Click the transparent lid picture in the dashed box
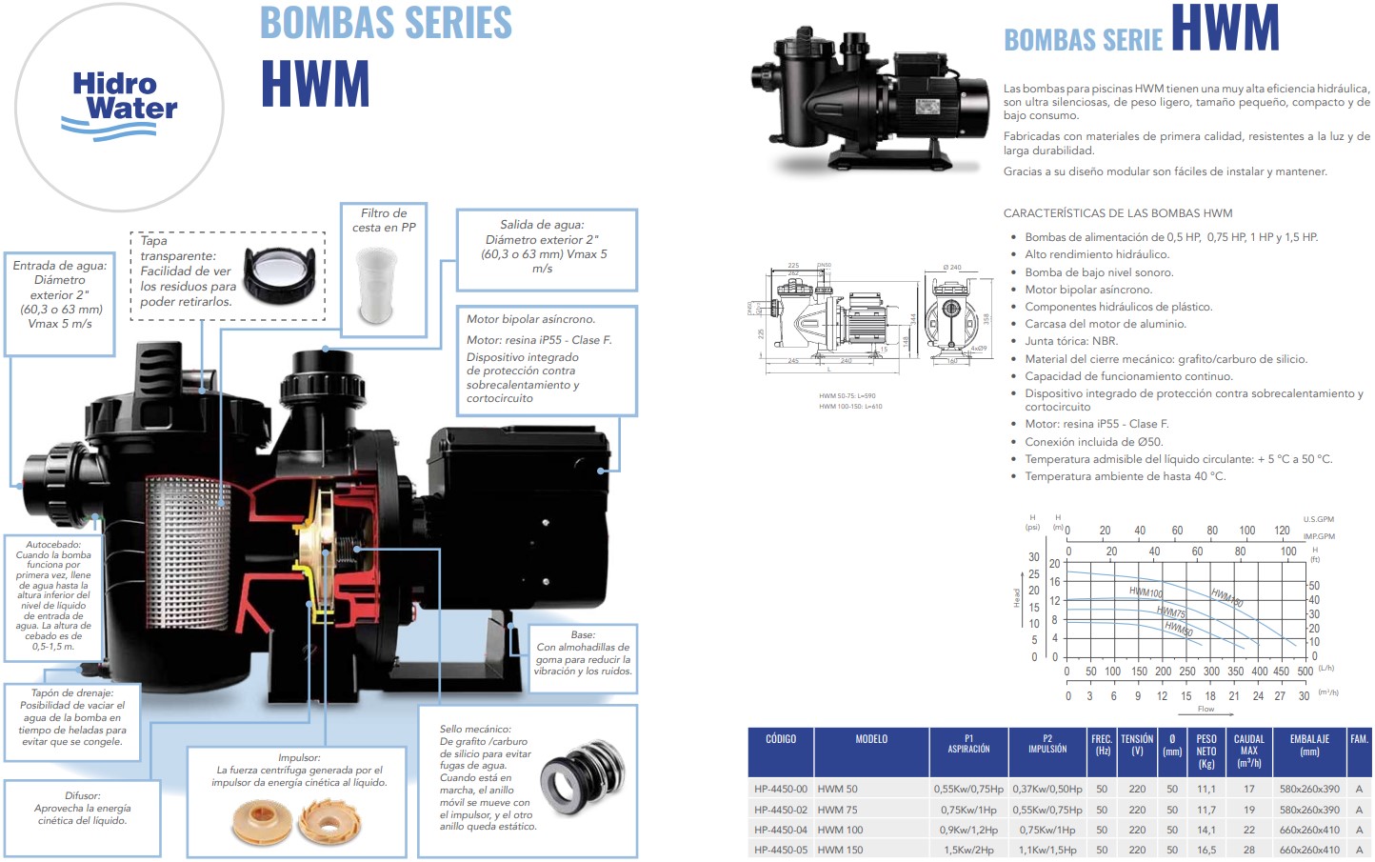pyautogui.click(x=279, y=271)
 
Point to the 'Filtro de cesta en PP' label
pyautogui.click(x=384, y=220)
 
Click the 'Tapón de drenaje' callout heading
pyautogui.click(x=72, y=692)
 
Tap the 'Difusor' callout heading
pyautogui.click(x=83, y=795)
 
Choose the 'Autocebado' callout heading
pyautogui.click(x=53, y=545)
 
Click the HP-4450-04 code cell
pyautogui.click(x=780, y=830)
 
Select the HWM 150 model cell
pyautogui.click(x=840, y=850)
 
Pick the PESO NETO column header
pyautogui.click(x=1206, y=752)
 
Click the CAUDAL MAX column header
pyautogui.click(x=1248, y=751)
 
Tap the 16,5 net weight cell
pyautogui.click(x=1206, y=850)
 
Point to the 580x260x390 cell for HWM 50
pyautogui.click(x=1309, y=789)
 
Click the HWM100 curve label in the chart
pyautogui.click(x=1146, y=592)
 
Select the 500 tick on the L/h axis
pyautogui.click(x=1305, y=672)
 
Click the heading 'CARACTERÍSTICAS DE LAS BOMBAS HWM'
pyautogui.click(x=1117, y=213)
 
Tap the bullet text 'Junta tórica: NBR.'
pyautogui.click(x=1070, y=341)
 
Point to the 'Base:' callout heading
pyautogui.click(x=583, y=634)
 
